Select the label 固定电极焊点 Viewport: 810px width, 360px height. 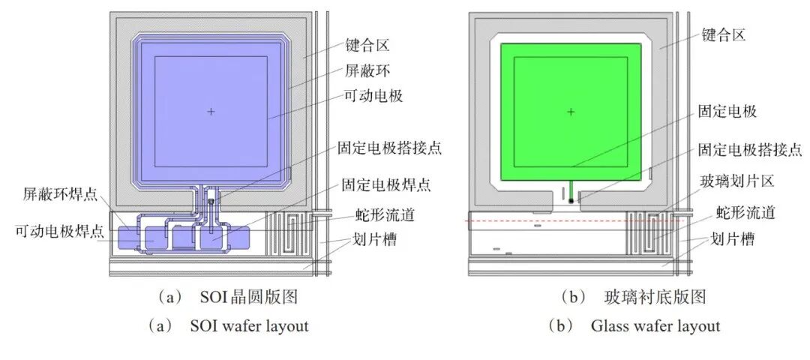click(x=386, y=185)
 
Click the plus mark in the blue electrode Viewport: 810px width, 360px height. click(x=210, y=111)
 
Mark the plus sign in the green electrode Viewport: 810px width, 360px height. click(x=570, y=112)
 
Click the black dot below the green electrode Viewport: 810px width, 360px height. click(x=571, y=200)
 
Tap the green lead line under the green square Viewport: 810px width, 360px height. click(x=571, y=189)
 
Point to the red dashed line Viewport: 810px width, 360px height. click(x=575, y=221)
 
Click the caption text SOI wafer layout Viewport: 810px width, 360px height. click(x=250, y=326)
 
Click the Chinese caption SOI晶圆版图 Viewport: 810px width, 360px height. click(x=249, y=298)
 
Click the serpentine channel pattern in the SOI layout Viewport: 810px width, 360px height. click(x=290, y=233)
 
